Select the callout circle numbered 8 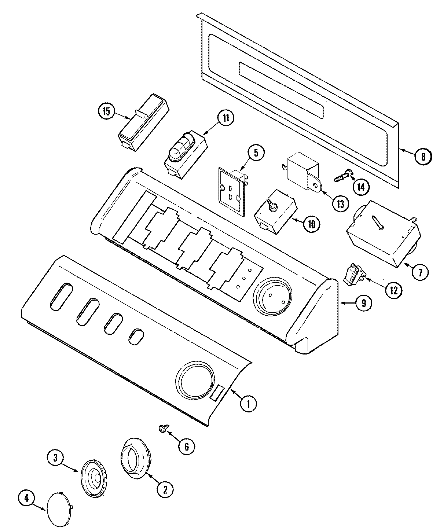[x=423, y=157]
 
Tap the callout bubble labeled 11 [x=225, y=118]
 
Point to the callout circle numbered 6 [x=186, y=446]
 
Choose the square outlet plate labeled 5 [x=231, y=189]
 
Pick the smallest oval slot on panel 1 [x=136, y=336]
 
